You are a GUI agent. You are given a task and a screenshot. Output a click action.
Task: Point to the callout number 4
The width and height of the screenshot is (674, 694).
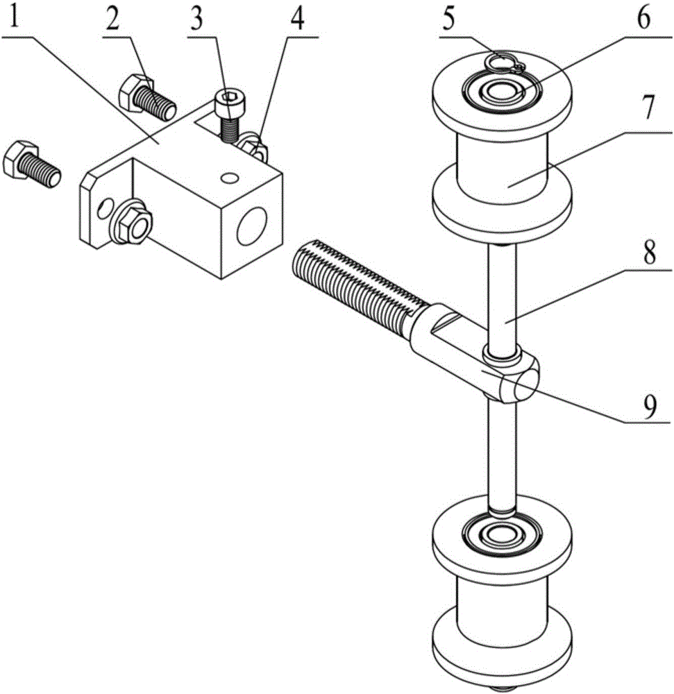pos(296,19)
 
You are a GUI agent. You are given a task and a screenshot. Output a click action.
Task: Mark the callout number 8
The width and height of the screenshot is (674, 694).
pos(649,253)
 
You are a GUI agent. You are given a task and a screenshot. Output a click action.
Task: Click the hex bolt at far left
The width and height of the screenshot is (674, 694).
pos(31,164)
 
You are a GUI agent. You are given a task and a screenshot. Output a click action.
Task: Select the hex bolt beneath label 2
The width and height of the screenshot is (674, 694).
pos(148,98)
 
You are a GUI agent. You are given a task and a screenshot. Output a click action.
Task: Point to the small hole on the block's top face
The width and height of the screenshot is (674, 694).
pos(226,178)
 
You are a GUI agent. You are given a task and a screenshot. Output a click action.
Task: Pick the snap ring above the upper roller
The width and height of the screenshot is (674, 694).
pos(504,65)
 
